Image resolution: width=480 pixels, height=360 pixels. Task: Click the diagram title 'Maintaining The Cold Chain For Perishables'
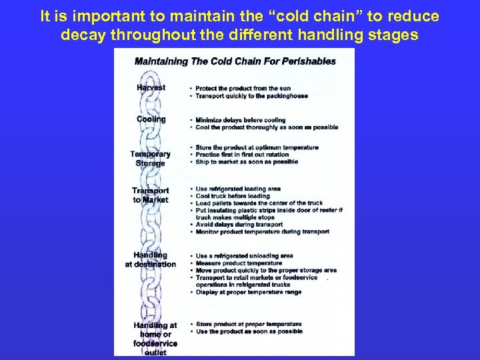(x=235, y=61)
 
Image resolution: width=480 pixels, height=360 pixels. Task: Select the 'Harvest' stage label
(x=151, y=87)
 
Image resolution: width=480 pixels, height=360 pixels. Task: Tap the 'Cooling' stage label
(x=151, y=119)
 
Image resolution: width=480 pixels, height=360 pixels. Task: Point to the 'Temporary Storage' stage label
(x=151, y=158)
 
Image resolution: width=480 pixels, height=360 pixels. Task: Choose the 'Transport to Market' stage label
(x=151, y=195)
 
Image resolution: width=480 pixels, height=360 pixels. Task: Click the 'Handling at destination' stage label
(x=151, y=259)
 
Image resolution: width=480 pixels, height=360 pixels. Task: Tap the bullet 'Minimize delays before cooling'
(x=240, y=120)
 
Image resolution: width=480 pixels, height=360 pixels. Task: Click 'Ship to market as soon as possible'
(x=247, y=162)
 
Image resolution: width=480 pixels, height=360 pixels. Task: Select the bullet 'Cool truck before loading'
(x=233, y=196)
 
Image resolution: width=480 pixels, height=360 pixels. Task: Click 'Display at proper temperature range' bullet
(x=248, y=292)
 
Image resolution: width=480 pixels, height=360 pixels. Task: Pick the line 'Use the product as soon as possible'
(x=249, y=331)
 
